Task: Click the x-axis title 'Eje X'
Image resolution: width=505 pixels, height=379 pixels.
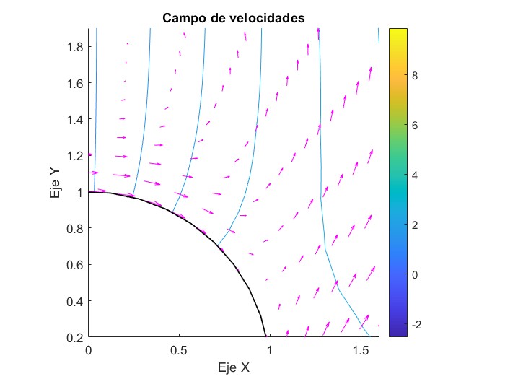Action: point(234,367)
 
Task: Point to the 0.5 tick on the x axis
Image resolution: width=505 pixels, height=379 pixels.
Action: point(179,349)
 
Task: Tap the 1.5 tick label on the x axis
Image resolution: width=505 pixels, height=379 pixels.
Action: point(360,349)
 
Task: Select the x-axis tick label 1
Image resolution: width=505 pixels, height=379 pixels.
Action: point(270,349)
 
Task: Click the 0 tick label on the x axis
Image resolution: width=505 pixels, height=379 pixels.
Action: point(89,349)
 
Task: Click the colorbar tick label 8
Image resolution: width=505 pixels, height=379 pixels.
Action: point(416,74)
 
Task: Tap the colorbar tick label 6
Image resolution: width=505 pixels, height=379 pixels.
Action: point(416,125)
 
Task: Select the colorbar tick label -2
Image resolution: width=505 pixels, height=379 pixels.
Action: point(417,325)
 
